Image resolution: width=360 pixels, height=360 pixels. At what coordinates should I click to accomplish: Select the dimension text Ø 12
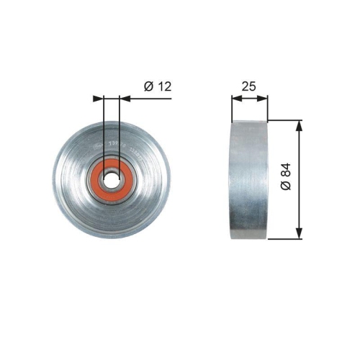[x=158, y=86]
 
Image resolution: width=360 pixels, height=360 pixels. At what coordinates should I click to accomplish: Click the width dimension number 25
[x=249, y=86]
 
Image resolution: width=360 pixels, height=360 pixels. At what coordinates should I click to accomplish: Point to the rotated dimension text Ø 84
[x=285, y=177]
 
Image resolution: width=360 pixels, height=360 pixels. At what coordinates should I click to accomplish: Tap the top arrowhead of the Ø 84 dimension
[x=299, y=124]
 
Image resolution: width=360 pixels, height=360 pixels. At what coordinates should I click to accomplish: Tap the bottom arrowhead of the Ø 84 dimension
[x=299, y=234]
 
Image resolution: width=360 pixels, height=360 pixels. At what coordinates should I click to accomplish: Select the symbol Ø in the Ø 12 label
[x=148, y=86]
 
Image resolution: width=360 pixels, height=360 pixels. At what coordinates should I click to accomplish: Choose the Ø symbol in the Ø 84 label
[x=285, y=186]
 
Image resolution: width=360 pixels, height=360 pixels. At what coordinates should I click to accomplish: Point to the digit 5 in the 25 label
[x=253, y=86]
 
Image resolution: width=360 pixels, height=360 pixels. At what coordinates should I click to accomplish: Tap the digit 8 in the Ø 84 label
[x=285, y=175]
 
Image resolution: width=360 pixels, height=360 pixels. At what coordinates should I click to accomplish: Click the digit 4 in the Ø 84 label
[x=285, y=168]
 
